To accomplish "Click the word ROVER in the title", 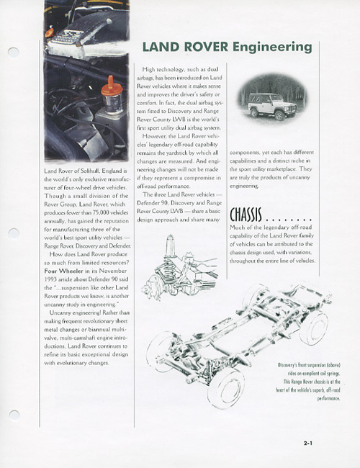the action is coord(206,47).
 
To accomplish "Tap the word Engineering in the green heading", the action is coord(272,48).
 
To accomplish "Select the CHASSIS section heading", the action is coord(246,215).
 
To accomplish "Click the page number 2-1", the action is coord(308,444).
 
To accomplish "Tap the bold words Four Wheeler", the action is coord(64,271).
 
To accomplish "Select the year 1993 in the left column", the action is coord(50,279).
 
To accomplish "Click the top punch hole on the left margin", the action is coord(14,53).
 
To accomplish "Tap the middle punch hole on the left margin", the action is coord(14,233).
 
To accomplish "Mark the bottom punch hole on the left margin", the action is coord(14,415).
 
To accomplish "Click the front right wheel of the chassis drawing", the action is coord(226,388).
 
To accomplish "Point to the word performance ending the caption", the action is coord(328,398).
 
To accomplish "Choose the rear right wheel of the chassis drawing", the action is coord(314,328).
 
